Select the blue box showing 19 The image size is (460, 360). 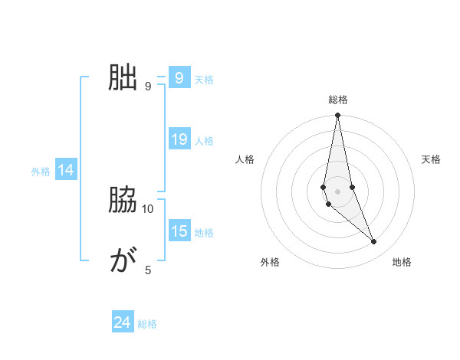(x=179, y=139)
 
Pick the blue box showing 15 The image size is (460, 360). (x=179, y=231)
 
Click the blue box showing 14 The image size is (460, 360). (x=66, y=171)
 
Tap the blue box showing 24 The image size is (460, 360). (x=122, y=322)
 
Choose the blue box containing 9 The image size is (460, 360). (x=179, y=78)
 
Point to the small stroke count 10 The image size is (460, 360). (x=148, y=208)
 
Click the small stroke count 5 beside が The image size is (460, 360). (x=148, y=270)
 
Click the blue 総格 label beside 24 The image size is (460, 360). (x=147, y=324)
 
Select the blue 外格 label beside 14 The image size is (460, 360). (x=41, y=172)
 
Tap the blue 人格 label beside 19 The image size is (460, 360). (x=204, y=141)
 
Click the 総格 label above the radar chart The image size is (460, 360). (x=338, y=100)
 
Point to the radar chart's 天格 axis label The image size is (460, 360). (x=431, y=159)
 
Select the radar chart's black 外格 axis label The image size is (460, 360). (x=270, y=262)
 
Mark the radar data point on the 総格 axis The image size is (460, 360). (x=337, y=116)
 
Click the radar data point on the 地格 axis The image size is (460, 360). (x=374, y=242)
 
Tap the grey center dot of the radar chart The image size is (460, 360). (x=337, y=191)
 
